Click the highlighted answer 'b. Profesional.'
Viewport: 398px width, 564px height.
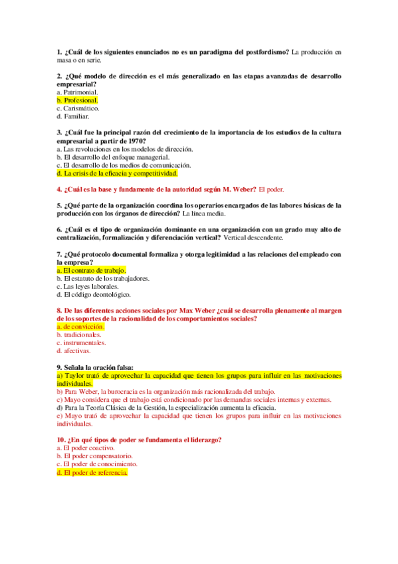click(x=78, y=100)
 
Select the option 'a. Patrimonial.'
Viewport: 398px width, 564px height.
click(x=78, y=92)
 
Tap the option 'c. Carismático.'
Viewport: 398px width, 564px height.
click(x=78, y=108)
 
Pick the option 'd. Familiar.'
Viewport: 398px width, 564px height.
click(x=73, y=116)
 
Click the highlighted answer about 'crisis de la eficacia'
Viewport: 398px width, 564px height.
click(x=118, y=173)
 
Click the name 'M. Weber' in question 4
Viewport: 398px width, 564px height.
click(x=239, y=190)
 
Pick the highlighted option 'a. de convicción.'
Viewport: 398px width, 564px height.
click(x=80, y=327)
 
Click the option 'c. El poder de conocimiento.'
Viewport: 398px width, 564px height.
click(x=98, y=465)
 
